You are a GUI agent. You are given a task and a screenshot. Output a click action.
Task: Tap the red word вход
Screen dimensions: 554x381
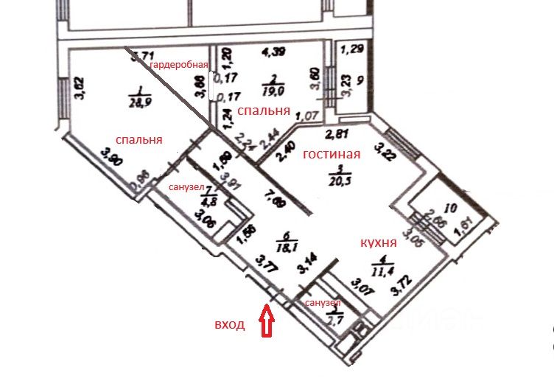(229, 324)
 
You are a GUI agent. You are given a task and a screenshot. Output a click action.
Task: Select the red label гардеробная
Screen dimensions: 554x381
(180, 65)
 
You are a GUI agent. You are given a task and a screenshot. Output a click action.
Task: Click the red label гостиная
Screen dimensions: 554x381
(331, 154)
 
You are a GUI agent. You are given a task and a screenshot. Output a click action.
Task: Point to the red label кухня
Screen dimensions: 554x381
(378, 242)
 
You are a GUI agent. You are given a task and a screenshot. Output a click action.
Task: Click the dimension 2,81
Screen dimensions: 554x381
(337, 134)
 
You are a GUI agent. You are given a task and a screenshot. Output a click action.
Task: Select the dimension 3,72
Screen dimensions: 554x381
(402, 280)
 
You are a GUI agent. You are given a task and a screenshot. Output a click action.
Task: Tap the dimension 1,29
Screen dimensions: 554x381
(355, 51)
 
